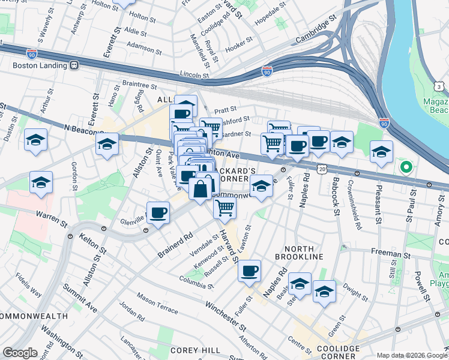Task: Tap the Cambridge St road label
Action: coord(315,33)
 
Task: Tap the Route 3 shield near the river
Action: coord(440,88)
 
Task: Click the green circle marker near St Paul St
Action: coord(406,167)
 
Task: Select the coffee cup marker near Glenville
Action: coord(158,213)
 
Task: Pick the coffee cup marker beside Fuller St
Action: coord(249,271)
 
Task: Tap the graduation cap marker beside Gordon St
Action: coord(41,182)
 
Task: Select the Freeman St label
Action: coord(390,254)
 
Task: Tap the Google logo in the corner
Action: coord(20,353)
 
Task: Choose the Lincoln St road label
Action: coord(194,76)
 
